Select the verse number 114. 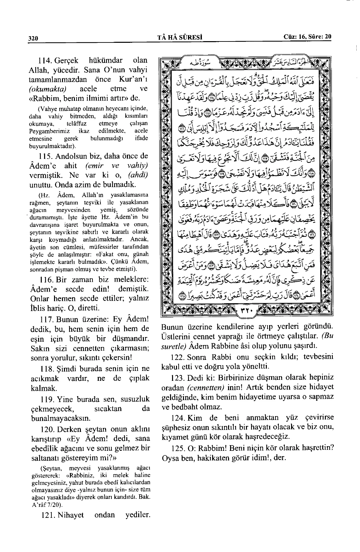[44, 61]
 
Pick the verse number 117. [45, 319]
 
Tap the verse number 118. [45, 369]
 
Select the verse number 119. [45, 399]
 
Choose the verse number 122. [178, 357]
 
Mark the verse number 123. [178, 378]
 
